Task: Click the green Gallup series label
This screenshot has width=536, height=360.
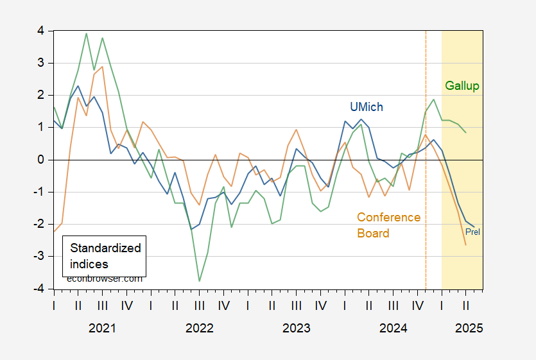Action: (462, 86)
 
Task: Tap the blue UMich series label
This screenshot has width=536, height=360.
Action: (367, 107)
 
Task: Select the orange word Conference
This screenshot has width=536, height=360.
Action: (388, 218)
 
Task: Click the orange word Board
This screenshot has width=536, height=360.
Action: (374, 233)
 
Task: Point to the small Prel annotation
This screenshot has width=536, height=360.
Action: (472, 232)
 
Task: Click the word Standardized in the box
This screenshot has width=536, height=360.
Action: (105, 248)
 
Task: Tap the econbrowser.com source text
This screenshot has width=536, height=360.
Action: (104, 279)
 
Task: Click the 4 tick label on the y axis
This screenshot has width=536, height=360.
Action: (41, 31)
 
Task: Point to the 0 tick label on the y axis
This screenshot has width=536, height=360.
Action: (41, 160)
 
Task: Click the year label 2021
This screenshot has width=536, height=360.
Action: (102, 328)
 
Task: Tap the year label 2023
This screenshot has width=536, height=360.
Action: (297, 328)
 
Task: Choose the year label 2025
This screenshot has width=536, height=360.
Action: (469, 328)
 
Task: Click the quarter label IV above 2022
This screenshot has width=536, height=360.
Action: (224, 305)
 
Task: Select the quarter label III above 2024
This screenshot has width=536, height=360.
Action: (393, 305)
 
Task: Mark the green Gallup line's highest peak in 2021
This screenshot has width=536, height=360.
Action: (86, 33)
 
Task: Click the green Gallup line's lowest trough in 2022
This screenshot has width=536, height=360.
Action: (199, 281)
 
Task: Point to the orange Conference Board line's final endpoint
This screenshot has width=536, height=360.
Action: (465, 244)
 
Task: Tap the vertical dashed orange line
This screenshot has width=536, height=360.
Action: (426, 160)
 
